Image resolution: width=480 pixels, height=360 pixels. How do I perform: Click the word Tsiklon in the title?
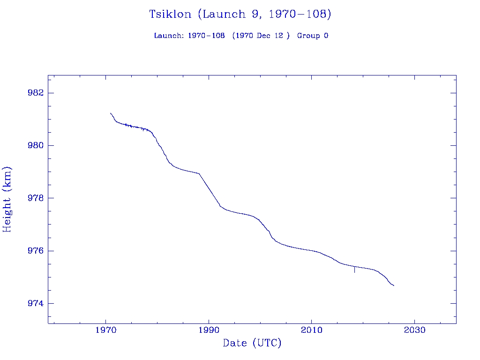170,15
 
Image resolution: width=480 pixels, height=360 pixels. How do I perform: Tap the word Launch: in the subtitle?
169,36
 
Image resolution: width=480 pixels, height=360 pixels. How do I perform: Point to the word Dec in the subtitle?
263,36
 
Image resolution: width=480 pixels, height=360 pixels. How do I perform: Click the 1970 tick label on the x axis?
106,330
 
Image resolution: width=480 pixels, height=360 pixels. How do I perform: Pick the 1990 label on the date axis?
209,330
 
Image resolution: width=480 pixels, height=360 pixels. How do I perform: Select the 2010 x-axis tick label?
312,330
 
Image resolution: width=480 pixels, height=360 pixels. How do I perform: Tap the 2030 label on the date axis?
414,330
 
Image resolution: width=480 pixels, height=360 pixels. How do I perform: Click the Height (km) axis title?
7,199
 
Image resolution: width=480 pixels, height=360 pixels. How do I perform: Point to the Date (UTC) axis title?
252,343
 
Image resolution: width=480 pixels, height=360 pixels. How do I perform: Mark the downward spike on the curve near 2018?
354,270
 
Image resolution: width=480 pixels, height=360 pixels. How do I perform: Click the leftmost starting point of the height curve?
110,113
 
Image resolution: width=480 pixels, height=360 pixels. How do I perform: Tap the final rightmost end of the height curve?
394,285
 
